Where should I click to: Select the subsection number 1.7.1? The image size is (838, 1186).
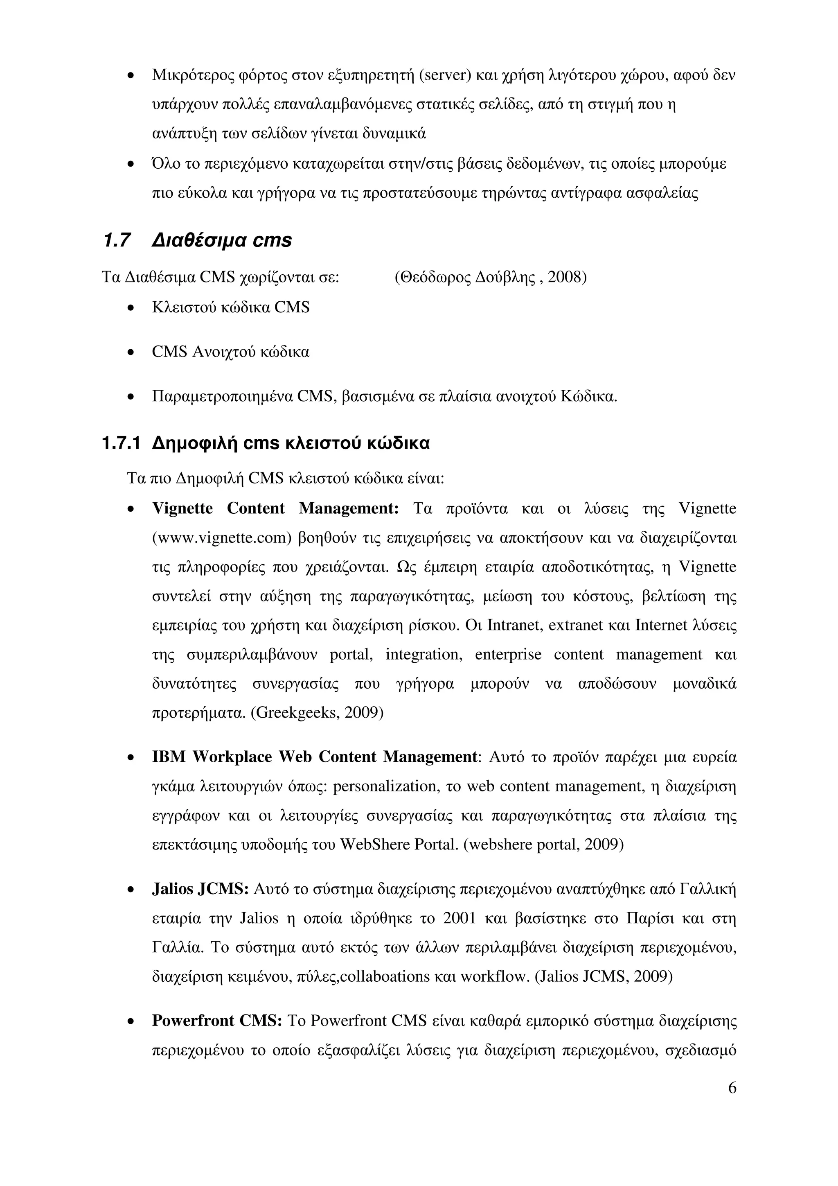click(x=121, y=443)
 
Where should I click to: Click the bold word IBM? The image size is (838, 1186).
click(x=169, y=757)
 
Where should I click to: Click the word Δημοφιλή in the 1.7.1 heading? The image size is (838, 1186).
click(x=194, y=443)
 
